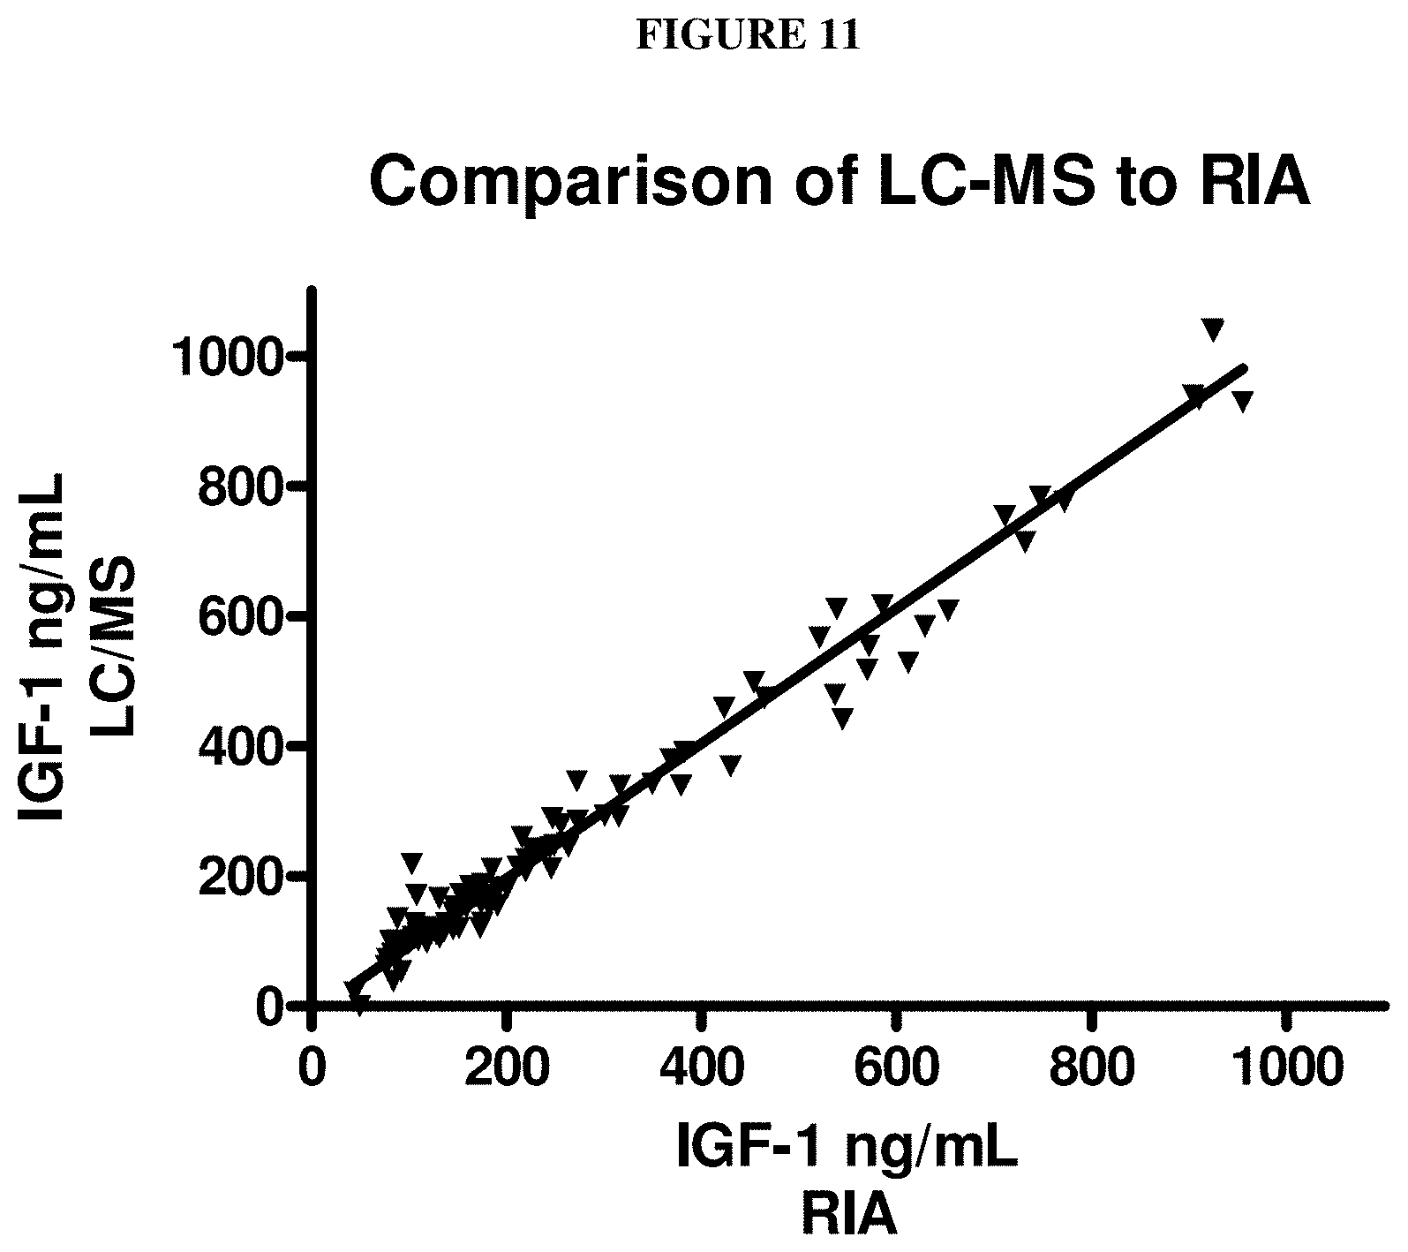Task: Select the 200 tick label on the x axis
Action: pos(507,1067)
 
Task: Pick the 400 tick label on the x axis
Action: pos(702,1067)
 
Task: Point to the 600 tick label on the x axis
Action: pos(897,1067)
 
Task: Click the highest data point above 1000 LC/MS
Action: pos(1213,328)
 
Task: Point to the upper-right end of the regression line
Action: pos(1244,366)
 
